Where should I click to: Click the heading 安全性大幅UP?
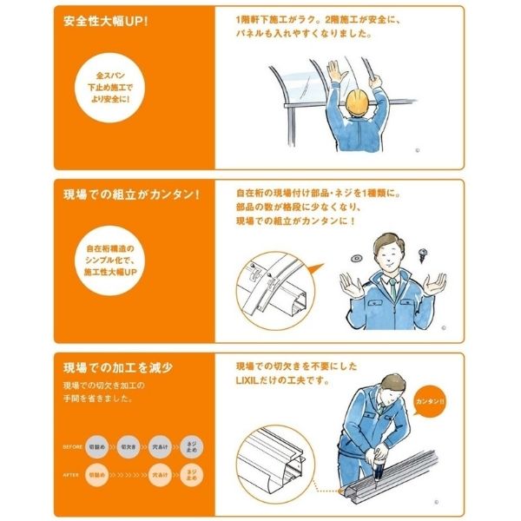pyautogui.click(x=107, y=20)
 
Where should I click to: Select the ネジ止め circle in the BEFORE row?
pyautogui.click(x=191, y=446)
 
